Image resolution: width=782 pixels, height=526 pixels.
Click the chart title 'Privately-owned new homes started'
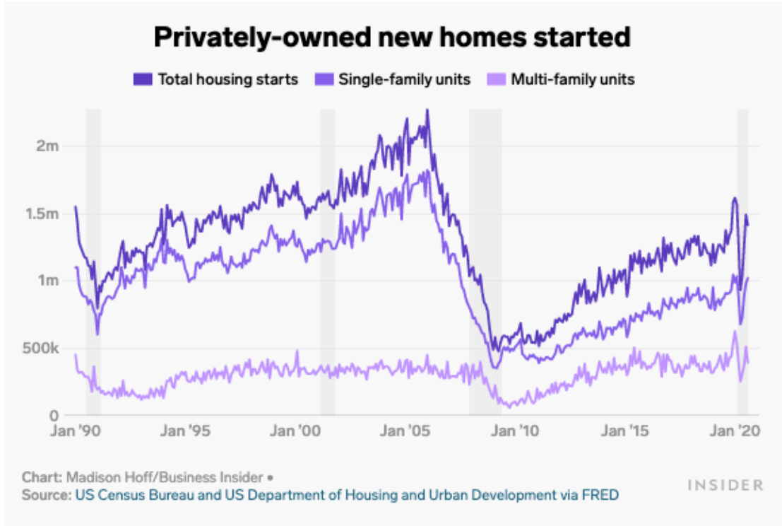391,37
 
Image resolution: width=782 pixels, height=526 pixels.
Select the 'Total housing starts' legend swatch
142,79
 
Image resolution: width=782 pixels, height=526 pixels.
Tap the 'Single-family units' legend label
404,79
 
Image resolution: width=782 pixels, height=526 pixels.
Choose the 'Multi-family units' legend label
573,79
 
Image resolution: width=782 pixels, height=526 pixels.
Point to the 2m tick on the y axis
47,146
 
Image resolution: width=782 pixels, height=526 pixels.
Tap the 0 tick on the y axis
54,415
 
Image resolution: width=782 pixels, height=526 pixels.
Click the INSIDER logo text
725,485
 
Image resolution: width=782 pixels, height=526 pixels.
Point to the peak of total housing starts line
427,111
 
